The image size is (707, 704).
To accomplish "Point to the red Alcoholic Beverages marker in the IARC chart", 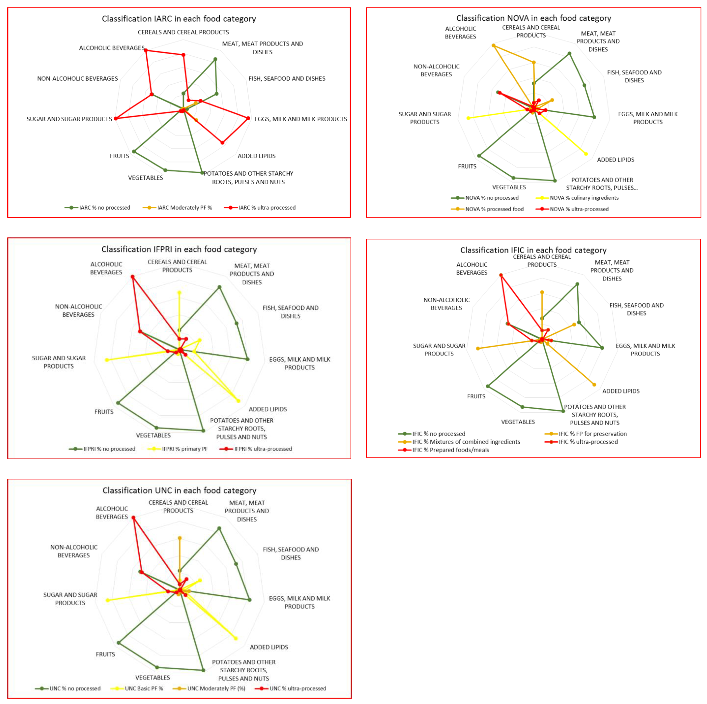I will click(146, 51).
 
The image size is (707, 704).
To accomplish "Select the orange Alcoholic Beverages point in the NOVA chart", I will click(494, 46).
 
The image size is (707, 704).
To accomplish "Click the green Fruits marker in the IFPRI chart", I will click(118, 403).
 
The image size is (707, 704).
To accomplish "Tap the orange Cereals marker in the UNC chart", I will click(180, 538).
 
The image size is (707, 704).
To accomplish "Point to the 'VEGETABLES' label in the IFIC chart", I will click(518, 422).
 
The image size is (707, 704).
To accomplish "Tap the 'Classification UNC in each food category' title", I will click(179, 490).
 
